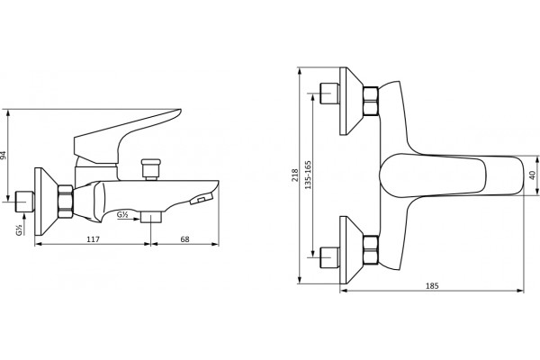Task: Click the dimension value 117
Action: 93,239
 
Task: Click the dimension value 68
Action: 184,239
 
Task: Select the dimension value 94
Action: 3,155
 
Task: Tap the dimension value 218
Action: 295,175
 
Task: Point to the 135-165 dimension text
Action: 308,175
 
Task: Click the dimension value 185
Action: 432,285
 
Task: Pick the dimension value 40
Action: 533,175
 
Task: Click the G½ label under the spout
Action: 122,214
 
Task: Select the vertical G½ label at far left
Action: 19,229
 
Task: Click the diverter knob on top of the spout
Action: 151,169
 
